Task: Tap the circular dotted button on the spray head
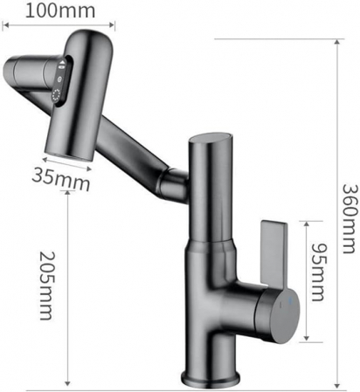coord(59,95)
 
